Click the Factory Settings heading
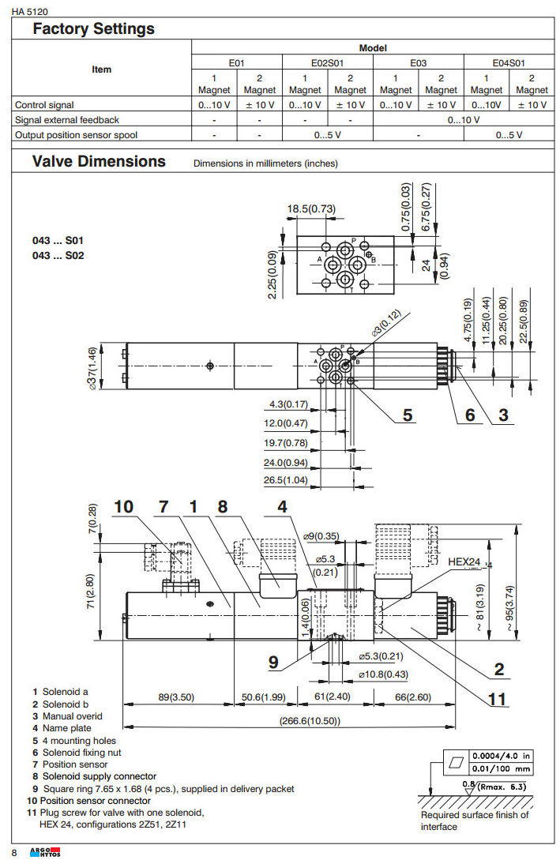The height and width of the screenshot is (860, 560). tap(93, 29)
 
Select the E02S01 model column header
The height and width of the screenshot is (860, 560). tap(327, 62)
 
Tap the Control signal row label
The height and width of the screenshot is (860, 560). tap(44, 105)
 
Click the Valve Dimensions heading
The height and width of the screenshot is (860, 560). tap(99, 162)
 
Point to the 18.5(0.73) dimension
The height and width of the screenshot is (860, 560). tap(311, 208)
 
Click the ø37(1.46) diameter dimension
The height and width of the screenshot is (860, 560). tap(93, 367)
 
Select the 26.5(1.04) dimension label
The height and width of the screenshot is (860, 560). tap(286, 480)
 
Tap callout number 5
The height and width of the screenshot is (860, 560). tap(408, 414)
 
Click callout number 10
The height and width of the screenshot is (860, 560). tap(123, 506)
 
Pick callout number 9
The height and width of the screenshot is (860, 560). tap(273, 662)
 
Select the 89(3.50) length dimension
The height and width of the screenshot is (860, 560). tap(176, 697)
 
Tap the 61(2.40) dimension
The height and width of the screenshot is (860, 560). tap(334, 697)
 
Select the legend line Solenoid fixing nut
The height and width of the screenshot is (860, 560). tap(80, 753)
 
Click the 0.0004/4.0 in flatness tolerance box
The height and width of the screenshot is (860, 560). tap(502, 756)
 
